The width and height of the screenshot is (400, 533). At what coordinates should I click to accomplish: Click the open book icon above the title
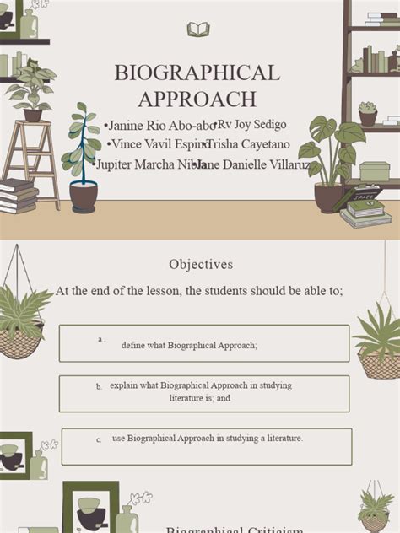(198, 30)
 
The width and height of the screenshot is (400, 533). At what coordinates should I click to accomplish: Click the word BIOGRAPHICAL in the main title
(197, 73)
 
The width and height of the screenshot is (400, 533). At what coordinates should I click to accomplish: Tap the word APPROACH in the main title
(197, 99)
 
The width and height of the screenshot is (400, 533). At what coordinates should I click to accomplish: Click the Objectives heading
(200, 264)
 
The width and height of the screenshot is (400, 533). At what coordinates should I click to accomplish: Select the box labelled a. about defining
(203, 343)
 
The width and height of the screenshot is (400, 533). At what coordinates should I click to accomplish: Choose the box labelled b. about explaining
(203, 393)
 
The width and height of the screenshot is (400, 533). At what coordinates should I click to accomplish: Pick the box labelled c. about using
(206, 446)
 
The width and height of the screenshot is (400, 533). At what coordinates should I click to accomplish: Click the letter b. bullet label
(99, 387)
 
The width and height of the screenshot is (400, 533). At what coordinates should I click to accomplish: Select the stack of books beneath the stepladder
(18, 196)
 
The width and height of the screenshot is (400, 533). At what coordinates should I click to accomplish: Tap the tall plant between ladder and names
(83, 156)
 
